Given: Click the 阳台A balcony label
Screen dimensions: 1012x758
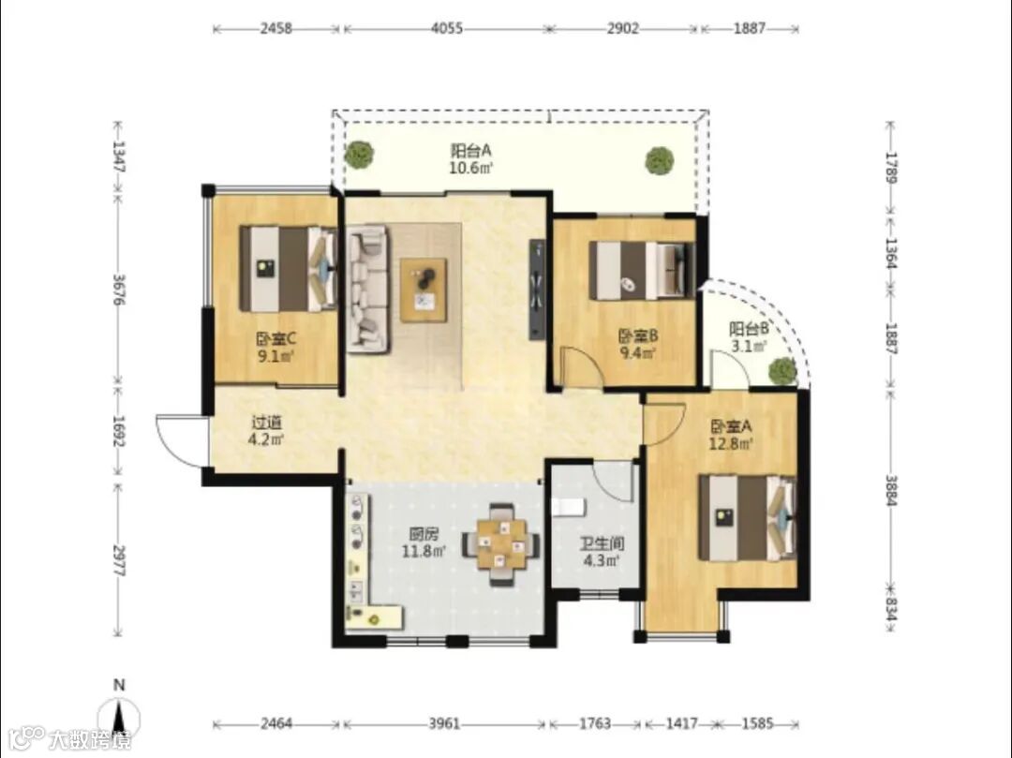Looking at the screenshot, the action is tap(471, 151).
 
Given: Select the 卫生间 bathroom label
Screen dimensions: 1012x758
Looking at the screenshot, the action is tap(601, 543).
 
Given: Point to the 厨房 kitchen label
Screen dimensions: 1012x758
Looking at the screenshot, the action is tap(424, 534).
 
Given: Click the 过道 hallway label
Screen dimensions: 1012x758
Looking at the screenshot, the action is tap(266, 424).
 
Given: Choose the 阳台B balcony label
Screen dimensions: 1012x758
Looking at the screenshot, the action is tap(749, 329).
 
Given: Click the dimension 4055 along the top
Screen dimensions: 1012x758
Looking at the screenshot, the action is tap(447, 28).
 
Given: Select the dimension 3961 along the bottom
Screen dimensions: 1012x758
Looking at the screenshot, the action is tap(444, 724).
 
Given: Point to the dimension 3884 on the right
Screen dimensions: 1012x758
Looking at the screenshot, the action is tap(891, 490).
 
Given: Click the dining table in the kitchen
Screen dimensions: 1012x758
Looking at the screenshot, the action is tap(500, 543).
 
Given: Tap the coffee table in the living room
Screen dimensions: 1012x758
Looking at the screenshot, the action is tap(424, 290).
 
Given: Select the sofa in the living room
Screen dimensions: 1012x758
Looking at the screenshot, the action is tap(368, 289).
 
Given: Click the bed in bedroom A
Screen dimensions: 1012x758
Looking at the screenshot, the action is tap(748, 518).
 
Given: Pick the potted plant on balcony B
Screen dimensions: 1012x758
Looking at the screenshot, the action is tap(782, 370).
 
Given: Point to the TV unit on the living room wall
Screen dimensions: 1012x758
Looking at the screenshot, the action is tap(537, 289).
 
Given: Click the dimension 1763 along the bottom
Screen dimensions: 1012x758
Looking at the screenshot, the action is tap(594, 724).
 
